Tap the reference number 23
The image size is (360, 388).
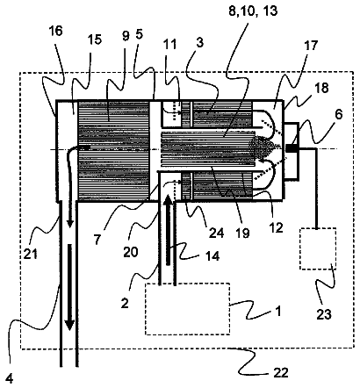(x=324, y=314)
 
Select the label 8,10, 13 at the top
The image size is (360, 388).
(x=253, y=11)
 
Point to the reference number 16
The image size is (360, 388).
(x=56, y=31)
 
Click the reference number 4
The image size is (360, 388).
(x=10, y=379)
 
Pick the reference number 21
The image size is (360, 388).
(x=31, y=253)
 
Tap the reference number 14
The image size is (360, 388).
(x=212, y=256)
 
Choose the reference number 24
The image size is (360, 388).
(x=216, y=233)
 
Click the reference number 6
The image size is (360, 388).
(x=338, y=114)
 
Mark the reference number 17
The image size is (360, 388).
(x=311, y=46)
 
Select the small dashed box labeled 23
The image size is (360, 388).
(x=318, y=248)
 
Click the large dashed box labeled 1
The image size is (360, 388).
(x=188, y=309)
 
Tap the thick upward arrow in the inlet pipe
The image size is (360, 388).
(x=168, y=230)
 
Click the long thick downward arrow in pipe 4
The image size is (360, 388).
(x=69, y=287)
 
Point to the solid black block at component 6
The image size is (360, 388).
(x=292, y=148)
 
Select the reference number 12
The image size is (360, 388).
(x=277, y=226)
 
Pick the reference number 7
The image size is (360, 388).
(x=97, y=240)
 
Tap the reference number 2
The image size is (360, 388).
(x=125, y=304)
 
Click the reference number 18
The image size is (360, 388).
(x=321, y=88)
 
